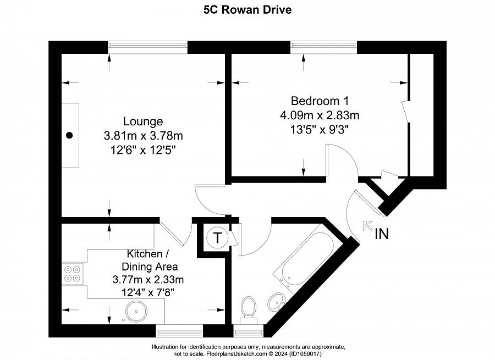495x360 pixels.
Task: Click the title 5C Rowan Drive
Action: [x=248, y=10]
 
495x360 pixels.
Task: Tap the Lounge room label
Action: [x=142, y=121]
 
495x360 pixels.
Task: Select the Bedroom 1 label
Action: [x=320, y=101]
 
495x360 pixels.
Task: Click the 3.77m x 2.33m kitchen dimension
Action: [x=148, y=280]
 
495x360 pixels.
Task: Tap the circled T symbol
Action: [x=218, y=239]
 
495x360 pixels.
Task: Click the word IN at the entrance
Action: [x=382, y=234]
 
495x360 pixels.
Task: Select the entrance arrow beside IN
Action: [x=367, y=225]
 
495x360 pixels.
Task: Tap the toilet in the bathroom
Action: [x=249, y=308]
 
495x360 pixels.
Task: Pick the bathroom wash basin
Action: [x=276, y=301]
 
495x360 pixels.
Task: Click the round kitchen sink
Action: [x=135, y=312]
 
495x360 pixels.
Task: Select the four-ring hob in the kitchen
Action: [x=71, y=274]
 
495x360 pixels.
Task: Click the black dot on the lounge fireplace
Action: [x=69, y=135]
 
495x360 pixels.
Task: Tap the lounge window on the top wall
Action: [x=147, y=48]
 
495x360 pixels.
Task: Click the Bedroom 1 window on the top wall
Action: [x=323, y=48]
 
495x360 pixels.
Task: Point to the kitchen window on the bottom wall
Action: [x=179, y=330]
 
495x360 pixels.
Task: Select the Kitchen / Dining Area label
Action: [x=148, y=260]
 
